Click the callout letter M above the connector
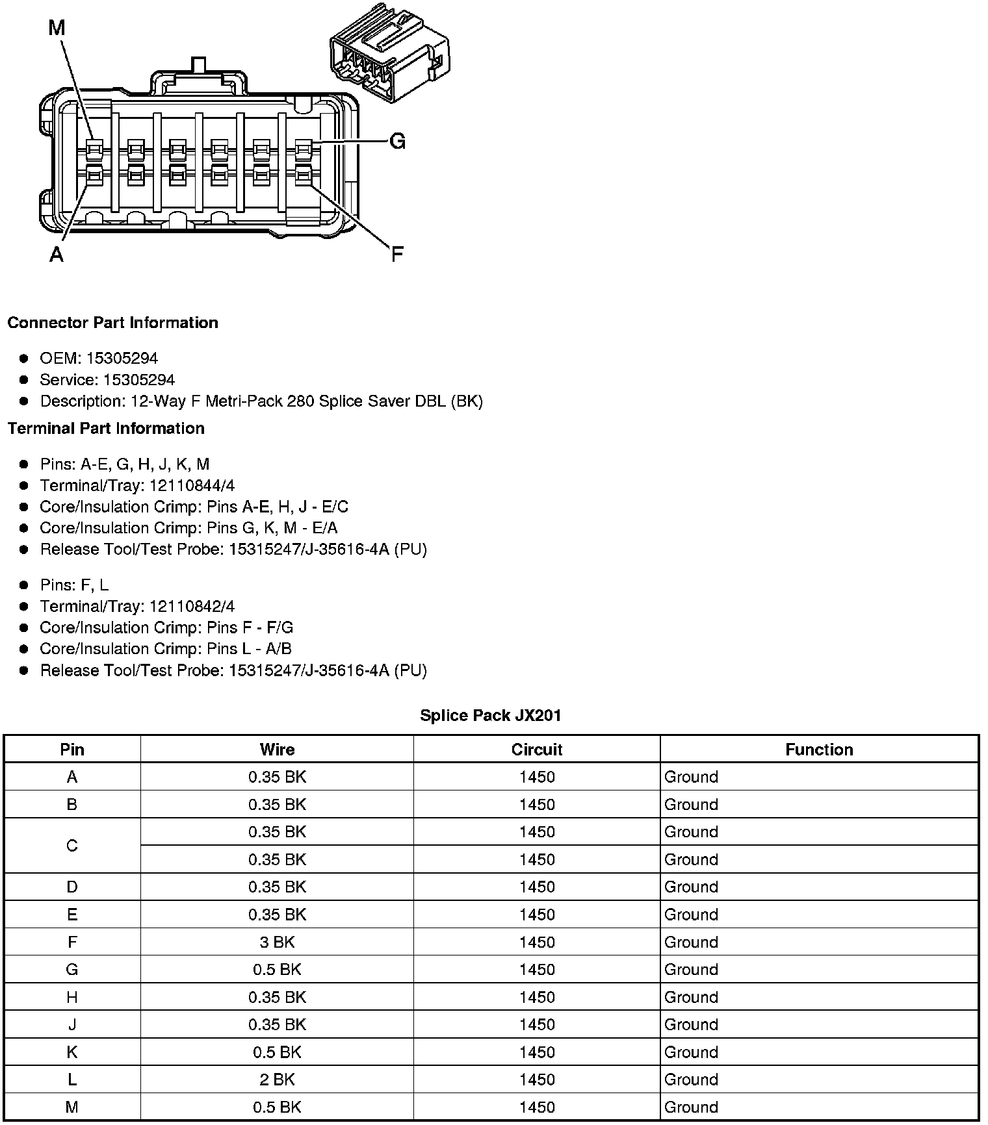[57, 27]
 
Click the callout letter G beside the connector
[397, 141]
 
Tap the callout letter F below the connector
[397, 254]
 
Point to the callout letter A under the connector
[57, 254]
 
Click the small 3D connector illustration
[389, 53]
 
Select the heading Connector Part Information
[113, 323]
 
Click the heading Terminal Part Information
[106, 429]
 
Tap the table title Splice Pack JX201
[491, 716]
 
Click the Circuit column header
[537, 750]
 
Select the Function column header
[819, 750]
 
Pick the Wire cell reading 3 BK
[277, 942]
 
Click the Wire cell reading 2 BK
[277, 1080]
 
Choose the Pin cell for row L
[72, 1080]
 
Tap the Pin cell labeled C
[72, 846]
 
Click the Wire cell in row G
[277, 970]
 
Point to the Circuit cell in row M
[537, 1107]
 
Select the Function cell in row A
[691, 777]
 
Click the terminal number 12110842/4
[192, 607]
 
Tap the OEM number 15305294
[122, 359]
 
